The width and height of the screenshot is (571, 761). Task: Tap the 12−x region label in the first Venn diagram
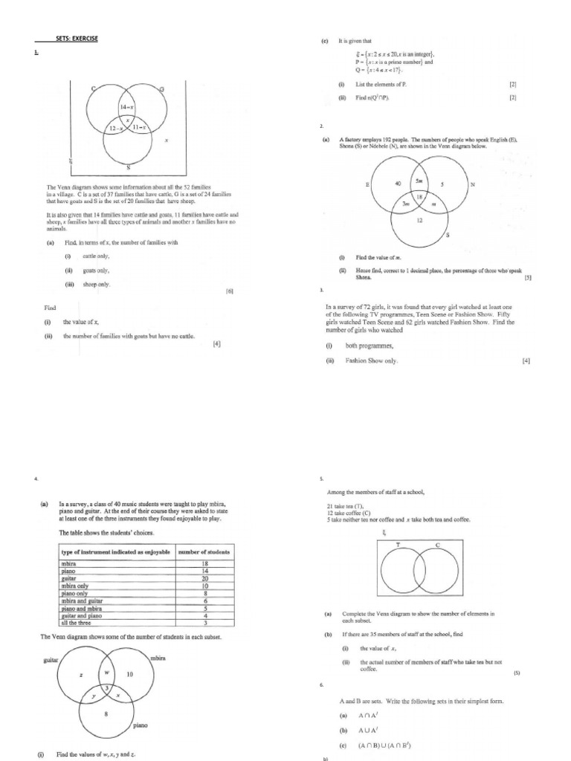pos(117,129)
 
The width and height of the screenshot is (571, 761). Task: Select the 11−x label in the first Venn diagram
pos(138,128)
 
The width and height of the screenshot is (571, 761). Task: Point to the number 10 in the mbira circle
pos(129,674)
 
